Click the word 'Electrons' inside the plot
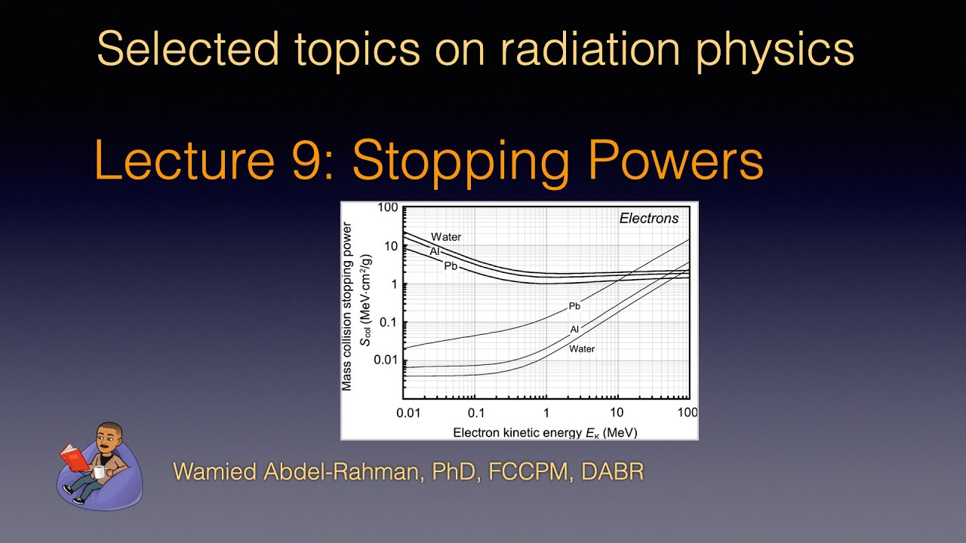click(648, 219)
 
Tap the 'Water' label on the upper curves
click(446, 237)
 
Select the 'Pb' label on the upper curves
click(451, 265)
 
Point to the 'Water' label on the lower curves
click(582, 348)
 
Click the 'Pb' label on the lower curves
click(574, 306)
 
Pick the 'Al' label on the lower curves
click(574, 330)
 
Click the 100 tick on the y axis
click(388, 207)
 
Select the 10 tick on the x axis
click(617, 413)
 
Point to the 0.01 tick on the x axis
click(408, 413)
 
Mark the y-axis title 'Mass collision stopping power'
click(347, 306)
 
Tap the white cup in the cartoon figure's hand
click(99, 472)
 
